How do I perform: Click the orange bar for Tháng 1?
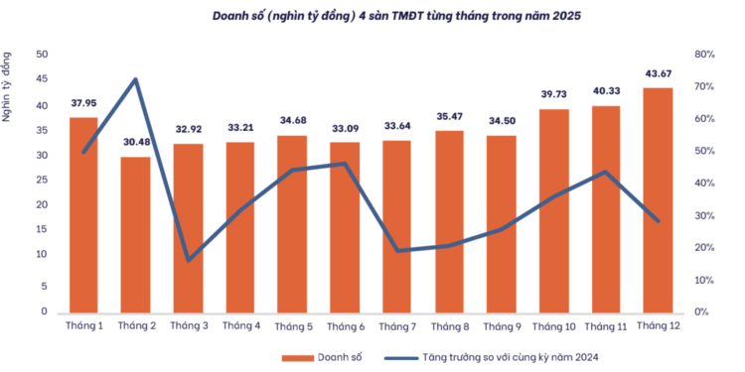coord(83,213)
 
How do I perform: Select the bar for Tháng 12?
coord(658,198)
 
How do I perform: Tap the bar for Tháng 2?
coord(135,233)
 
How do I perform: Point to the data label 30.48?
coord(135,139)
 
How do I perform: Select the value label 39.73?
coord(553,93)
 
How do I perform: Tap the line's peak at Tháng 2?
coord(136,79)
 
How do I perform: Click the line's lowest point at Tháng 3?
coord(188,260)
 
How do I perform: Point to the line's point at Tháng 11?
coord(606,173)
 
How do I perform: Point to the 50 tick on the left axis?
coord(42,55)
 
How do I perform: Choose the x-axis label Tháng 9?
coord(502,325)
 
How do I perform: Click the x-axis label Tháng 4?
coord(240,325)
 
